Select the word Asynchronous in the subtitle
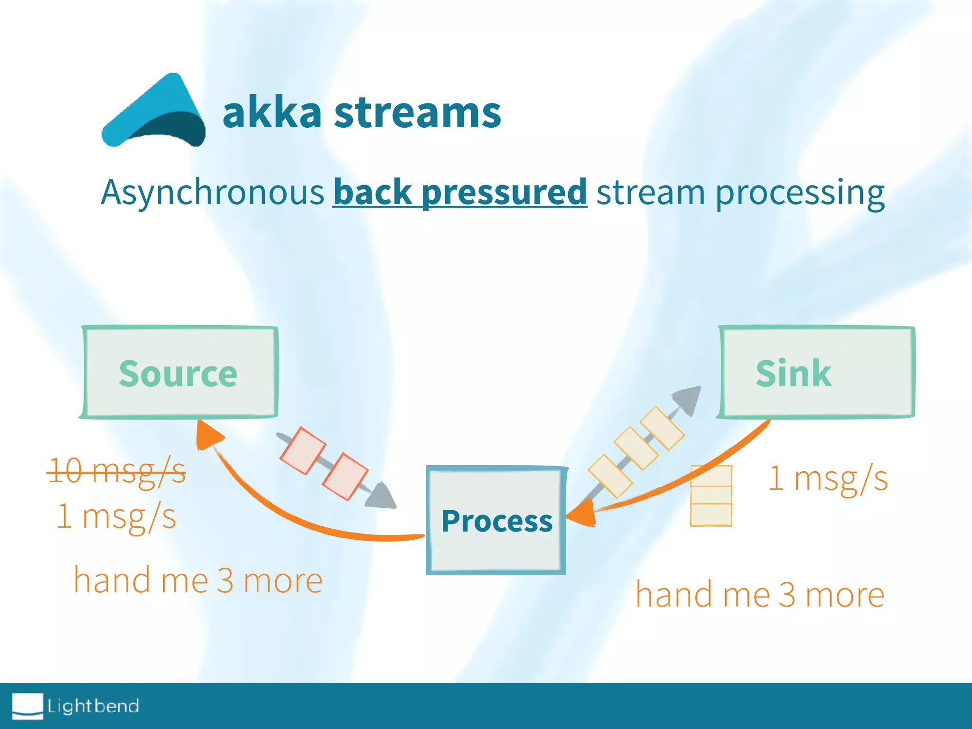[x=212, y=193]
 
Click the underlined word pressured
[x=504, y=193]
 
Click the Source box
[x=178, y=373]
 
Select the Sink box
[x=816, y=373]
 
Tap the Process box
[x=496, y=521]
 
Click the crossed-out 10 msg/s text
[x=117, y=471]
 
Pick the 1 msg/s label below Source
[x=117, y=516]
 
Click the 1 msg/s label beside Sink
[x=828, y=478]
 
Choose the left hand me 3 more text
[x=198, y=580]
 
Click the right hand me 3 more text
[x=760, y=594]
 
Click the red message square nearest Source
[x=303, y=450]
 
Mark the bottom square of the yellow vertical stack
[x=710, y=514]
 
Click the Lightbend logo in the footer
[x=76, y=706]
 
